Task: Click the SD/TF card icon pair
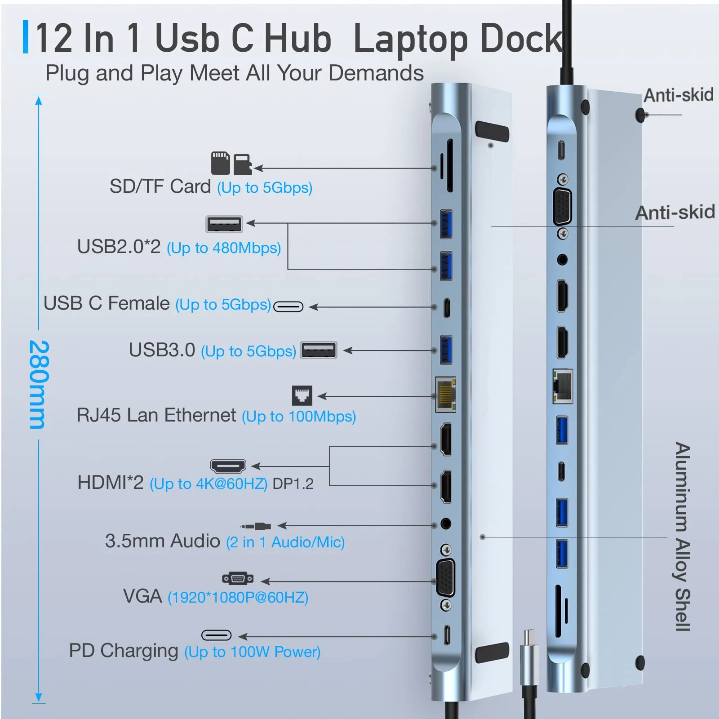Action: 231,163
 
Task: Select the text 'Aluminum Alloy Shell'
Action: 682,537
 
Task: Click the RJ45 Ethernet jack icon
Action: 302,395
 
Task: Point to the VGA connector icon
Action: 238,578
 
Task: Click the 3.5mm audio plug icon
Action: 256,526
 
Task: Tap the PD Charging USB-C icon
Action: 216,635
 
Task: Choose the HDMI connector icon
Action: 228,466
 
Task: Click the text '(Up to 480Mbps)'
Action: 224,248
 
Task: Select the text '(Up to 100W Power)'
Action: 252,652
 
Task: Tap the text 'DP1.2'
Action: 293,484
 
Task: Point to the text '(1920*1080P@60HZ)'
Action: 238,598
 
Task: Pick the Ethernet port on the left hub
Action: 445,394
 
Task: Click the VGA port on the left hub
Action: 445,578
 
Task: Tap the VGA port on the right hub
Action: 562,207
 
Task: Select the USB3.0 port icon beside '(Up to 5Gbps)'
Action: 319,350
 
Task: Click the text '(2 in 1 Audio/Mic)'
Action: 285,542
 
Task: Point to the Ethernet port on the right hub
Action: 562,386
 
